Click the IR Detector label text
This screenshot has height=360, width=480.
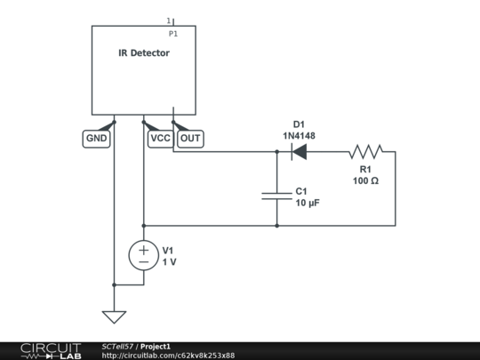144,53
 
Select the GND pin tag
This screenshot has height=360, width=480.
96,139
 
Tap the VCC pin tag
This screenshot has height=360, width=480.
160,139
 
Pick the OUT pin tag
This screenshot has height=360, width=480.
190,139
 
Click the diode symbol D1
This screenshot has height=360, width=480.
299,152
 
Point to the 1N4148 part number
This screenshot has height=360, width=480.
299,136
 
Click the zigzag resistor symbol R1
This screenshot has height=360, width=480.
365,152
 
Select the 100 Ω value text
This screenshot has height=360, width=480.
365,180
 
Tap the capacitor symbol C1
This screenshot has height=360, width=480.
276,196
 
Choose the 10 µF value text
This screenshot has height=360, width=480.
308,204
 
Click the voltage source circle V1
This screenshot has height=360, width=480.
143,256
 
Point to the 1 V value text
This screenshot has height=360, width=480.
169,262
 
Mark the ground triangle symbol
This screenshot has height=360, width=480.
114,316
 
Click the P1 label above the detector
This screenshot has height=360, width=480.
173,33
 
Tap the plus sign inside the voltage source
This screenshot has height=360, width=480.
143,250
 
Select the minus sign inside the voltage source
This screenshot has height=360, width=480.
143,263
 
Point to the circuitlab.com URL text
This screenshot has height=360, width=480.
168,355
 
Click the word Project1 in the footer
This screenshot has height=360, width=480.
156,346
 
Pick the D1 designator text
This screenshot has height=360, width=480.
299,124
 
